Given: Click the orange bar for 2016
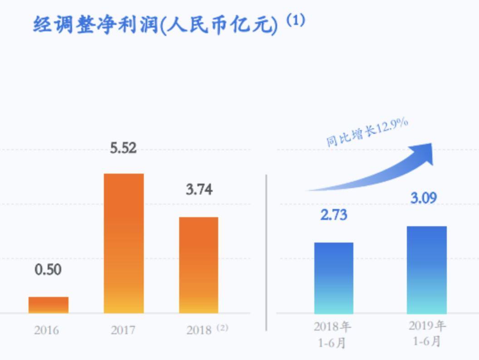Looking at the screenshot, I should click(x=49, y=305).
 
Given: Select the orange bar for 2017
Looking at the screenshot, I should click(x=123, y=243).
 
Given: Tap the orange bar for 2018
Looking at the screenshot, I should click(x=199, y=265).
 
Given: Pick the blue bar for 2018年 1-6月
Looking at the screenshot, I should click(x=334, y=278).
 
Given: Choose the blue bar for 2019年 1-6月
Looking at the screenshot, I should click(x=426, y=270).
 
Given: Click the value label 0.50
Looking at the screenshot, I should click(x=48, y=270).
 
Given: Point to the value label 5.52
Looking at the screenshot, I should click(x=123, y=148).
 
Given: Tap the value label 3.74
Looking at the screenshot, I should click(x=199, y=190).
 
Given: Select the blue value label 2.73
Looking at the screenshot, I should click(x=334, y=215).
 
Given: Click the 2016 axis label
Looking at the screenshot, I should click(x=46, y=330).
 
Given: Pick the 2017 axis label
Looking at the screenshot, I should click(x=123, y=330).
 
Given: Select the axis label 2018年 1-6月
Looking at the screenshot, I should click(x=332, y=335).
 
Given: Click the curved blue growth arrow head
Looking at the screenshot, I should click(x=425, y=153).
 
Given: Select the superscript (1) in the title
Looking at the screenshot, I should click(x=295, y=21).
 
